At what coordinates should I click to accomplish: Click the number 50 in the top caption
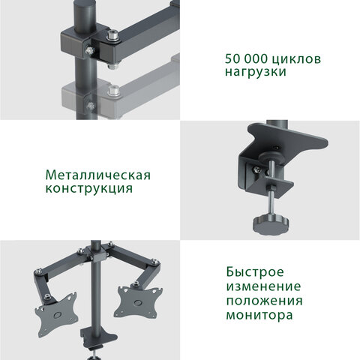pos(233,58)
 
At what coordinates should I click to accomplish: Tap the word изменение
pos(263,286)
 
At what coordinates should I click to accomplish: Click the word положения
pos(265,301)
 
